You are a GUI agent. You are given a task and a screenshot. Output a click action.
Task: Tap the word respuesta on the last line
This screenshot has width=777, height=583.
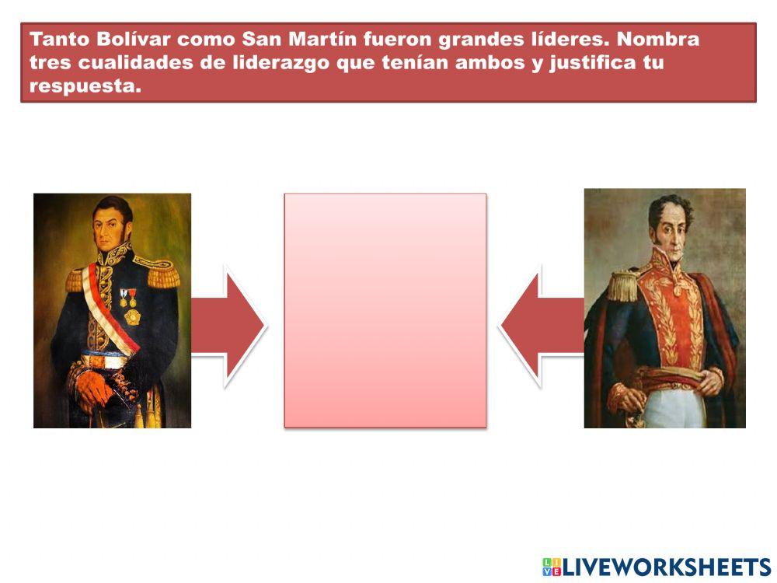click(85, 86)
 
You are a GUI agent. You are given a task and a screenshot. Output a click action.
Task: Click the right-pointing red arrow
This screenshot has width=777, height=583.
click(228, 326)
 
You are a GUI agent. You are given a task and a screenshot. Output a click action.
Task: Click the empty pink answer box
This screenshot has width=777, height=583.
click(385, 310)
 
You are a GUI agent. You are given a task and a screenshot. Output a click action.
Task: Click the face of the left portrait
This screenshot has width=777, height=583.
click(112, 225)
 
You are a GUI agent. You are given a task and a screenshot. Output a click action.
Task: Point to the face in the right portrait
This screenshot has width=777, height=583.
click(669, 229)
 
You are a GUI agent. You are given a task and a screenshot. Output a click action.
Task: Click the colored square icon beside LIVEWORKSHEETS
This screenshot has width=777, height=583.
click(552, 567)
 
